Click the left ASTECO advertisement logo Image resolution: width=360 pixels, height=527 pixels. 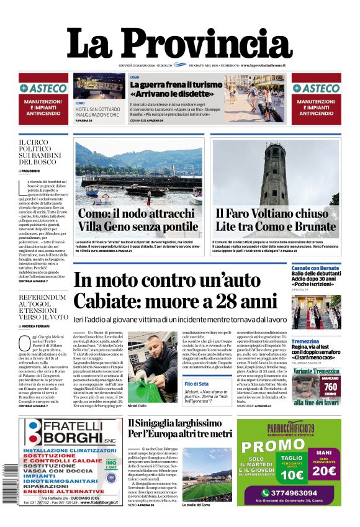click(x=43, y=89)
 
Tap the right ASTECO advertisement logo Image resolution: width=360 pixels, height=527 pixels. click(x=316, y=89)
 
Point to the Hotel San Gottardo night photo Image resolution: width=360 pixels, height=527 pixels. click(x=99, y=87)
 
